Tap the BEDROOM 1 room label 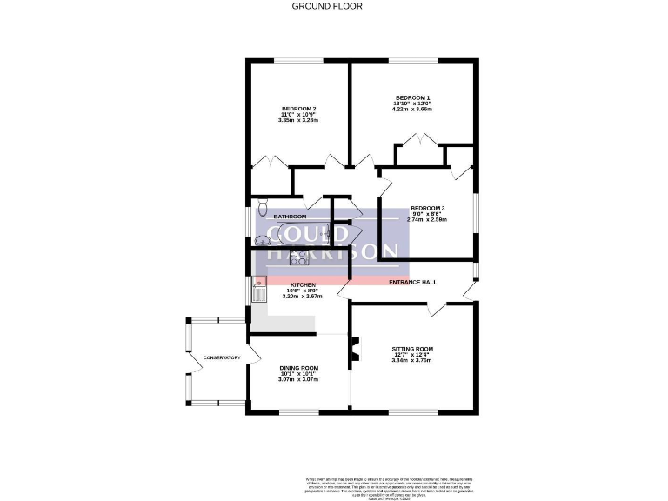click(x=413, y=97)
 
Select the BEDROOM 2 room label click(x=298, y=109)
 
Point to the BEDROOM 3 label click(x=428, y=209)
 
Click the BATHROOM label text click(x=291, y=217)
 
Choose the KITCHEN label click(x=303, y=284)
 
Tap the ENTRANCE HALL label click(x=412, y=283)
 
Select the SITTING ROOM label click(x=412, y=349)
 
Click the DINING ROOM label click(x=298, y=368)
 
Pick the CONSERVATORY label click(x=222, y=357)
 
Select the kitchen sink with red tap click(x=259, y=288)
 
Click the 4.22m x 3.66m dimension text click(x=412, y=110)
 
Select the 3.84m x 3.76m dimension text click(x=412, y=361)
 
